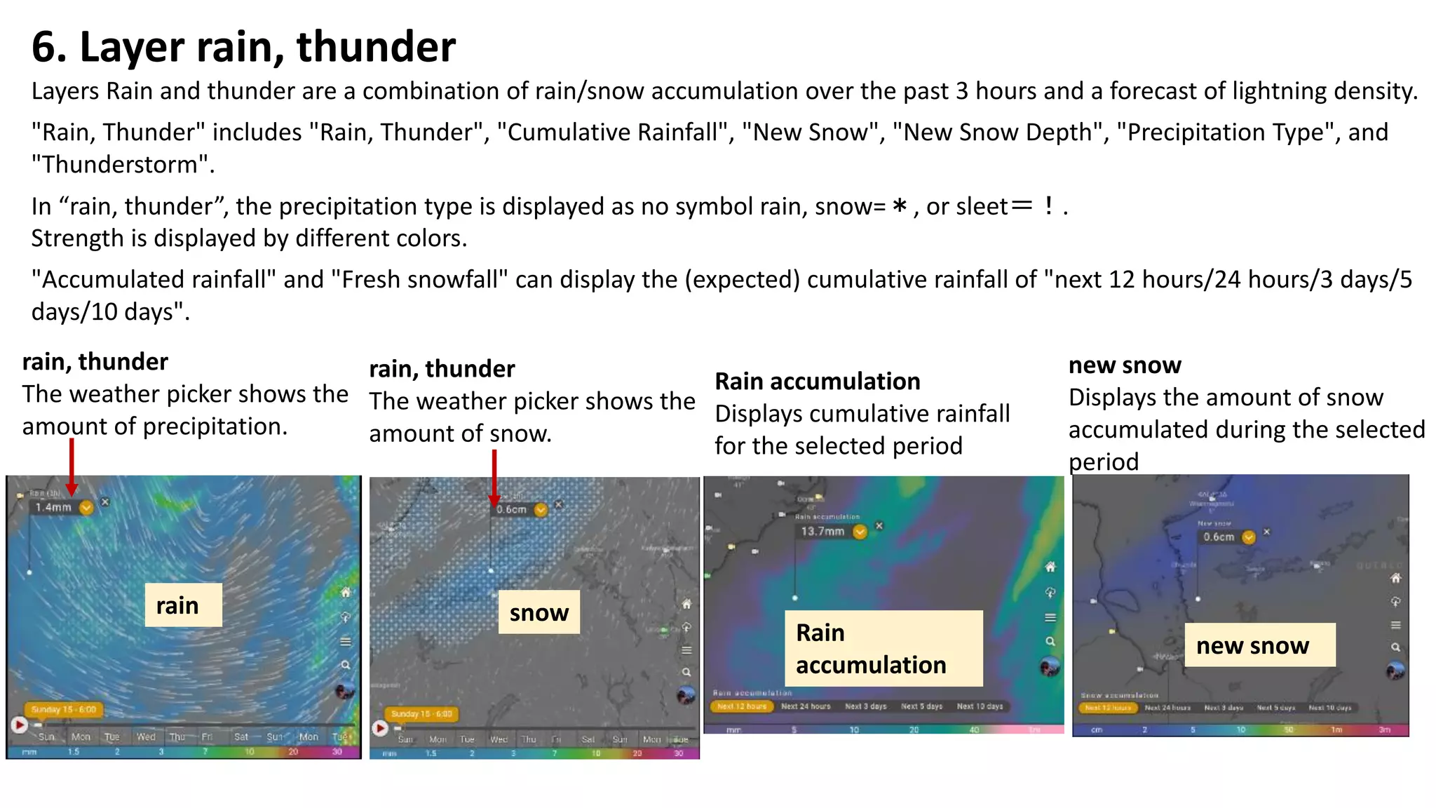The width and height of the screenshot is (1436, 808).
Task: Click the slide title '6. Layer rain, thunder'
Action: (243, 47)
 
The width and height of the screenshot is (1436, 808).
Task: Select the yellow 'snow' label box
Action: (538, 612)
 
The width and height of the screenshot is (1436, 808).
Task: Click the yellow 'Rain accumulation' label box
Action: (883, 648)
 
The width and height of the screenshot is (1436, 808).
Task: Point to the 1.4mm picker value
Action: (54, 507)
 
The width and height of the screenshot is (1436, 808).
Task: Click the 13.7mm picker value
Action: (822, 532)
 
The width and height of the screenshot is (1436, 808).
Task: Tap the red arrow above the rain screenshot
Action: (72, 466)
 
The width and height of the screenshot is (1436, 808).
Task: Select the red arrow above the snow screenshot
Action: (494, 477)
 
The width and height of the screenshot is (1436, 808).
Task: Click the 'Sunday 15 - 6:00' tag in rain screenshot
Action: (64, 710)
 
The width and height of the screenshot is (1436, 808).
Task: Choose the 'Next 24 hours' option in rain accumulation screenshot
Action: (806, 706)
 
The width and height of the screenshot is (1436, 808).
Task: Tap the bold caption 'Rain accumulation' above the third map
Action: (817, 382)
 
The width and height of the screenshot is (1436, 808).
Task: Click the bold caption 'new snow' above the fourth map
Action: (1125, 365)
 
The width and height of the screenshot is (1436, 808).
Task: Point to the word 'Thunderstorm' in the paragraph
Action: (123, 165)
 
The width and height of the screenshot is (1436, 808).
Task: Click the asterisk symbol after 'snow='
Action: (900, 207)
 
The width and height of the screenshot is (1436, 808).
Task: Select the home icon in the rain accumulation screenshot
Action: (1050, 567)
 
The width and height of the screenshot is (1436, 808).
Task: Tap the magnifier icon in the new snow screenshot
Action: (1395, 647)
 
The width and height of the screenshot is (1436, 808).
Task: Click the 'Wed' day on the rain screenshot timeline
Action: (146, 737)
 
